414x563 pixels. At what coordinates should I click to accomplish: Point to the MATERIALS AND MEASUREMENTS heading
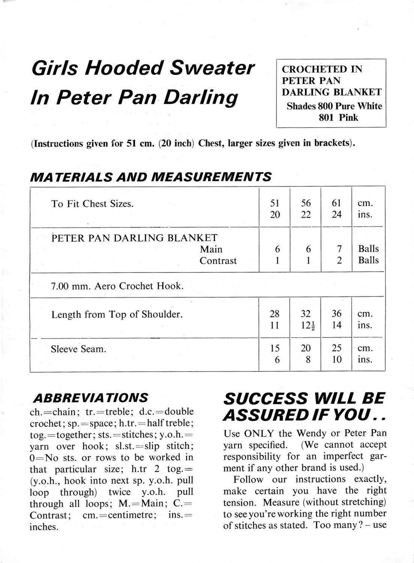[x=150, y=177]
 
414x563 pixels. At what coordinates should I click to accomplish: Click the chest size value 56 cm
[x=306, y=203]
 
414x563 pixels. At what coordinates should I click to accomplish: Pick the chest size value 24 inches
[x=337, y=215]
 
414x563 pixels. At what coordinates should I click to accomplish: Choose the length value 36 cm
[x=337, y=313]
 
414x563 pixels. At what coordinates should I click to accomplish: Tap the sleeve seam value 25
[x=337, y=348]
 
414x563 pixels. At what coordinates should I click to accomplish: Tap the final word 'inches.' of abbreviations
[x=44, y=527]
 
